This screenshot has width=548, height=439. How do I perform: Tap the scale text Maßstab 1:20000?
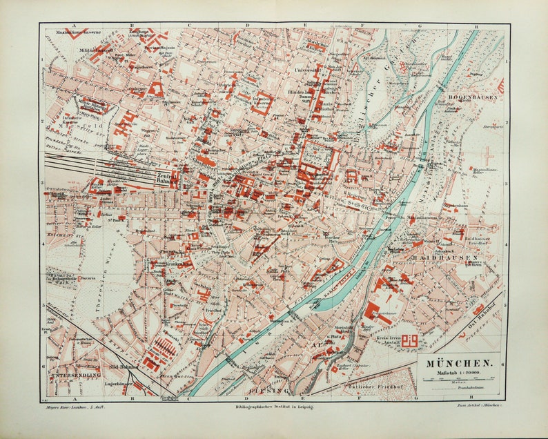[x=458, y=373]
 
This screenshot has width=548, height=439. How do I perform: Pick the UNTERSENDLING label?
[x=75, y=375]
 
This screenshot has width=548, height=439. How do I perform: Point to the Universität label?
[x=307, y=70]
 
